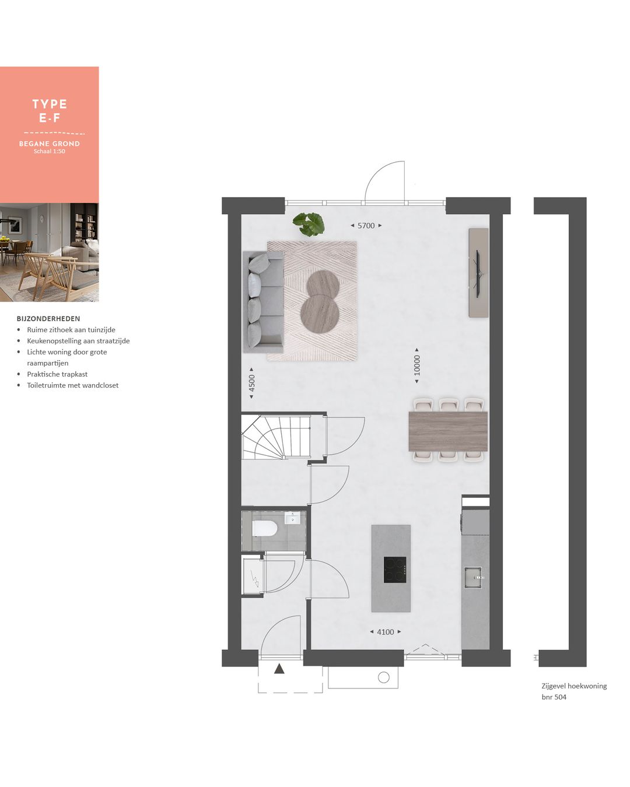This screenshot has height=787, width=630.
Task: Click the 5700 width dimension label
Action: coord(366,226)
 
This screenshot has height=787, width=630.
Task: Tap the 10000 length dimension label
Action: coord(416,366)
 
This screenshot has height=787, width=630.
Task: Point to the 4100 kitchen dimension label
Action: coord(386,632)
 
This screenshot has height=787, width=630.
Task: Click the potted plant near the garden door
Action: coord(309,224)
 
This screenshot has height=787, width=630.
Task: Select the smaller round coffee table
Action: coord(323,283)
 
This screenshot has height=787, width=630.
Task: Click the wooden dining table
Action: coord(448,431)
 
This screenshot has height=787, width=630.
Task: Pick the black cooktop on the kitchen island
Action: coord(395,570)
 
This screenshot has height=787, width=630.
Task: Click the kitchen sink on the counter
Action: coord(473,577)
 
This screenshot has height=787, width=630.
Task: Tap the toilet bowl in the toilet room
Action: coord(264,529)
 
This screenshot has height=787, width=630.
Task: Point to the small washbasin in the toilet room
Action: coord(292,518)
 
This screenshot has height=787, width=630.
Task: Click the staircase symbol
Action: coord(275,437)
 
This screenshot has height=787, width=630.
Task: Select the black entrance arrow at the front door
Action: coord(279,669)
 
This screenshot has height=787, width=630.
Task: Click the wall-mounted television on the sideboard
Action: coord(478,272)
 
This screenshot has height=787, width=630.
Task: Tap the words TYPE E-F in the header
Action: coord(50,111)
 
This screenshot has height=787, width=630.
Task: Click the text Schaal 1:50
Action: coord(50,152)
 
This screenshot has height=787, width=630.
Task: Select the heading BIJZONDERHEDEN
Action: coord(48,319)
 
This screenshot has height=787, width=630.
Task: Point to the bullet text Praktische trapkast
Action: coord(57,374)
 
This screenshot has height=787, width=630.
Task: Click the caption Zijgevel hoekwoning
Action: coord(574,686)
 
